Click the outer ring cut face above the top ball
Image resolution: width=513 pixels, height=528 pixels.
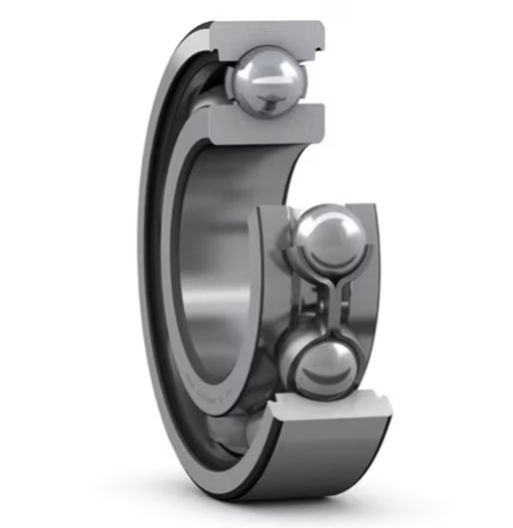268,32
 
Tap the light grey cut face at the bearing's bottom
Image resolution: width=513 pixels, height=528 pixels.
328,407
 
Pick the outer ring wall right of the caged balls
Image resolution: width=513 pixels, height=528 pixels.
372,298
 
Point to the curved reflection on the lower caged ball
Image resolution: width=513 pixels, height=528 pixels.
320,377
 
